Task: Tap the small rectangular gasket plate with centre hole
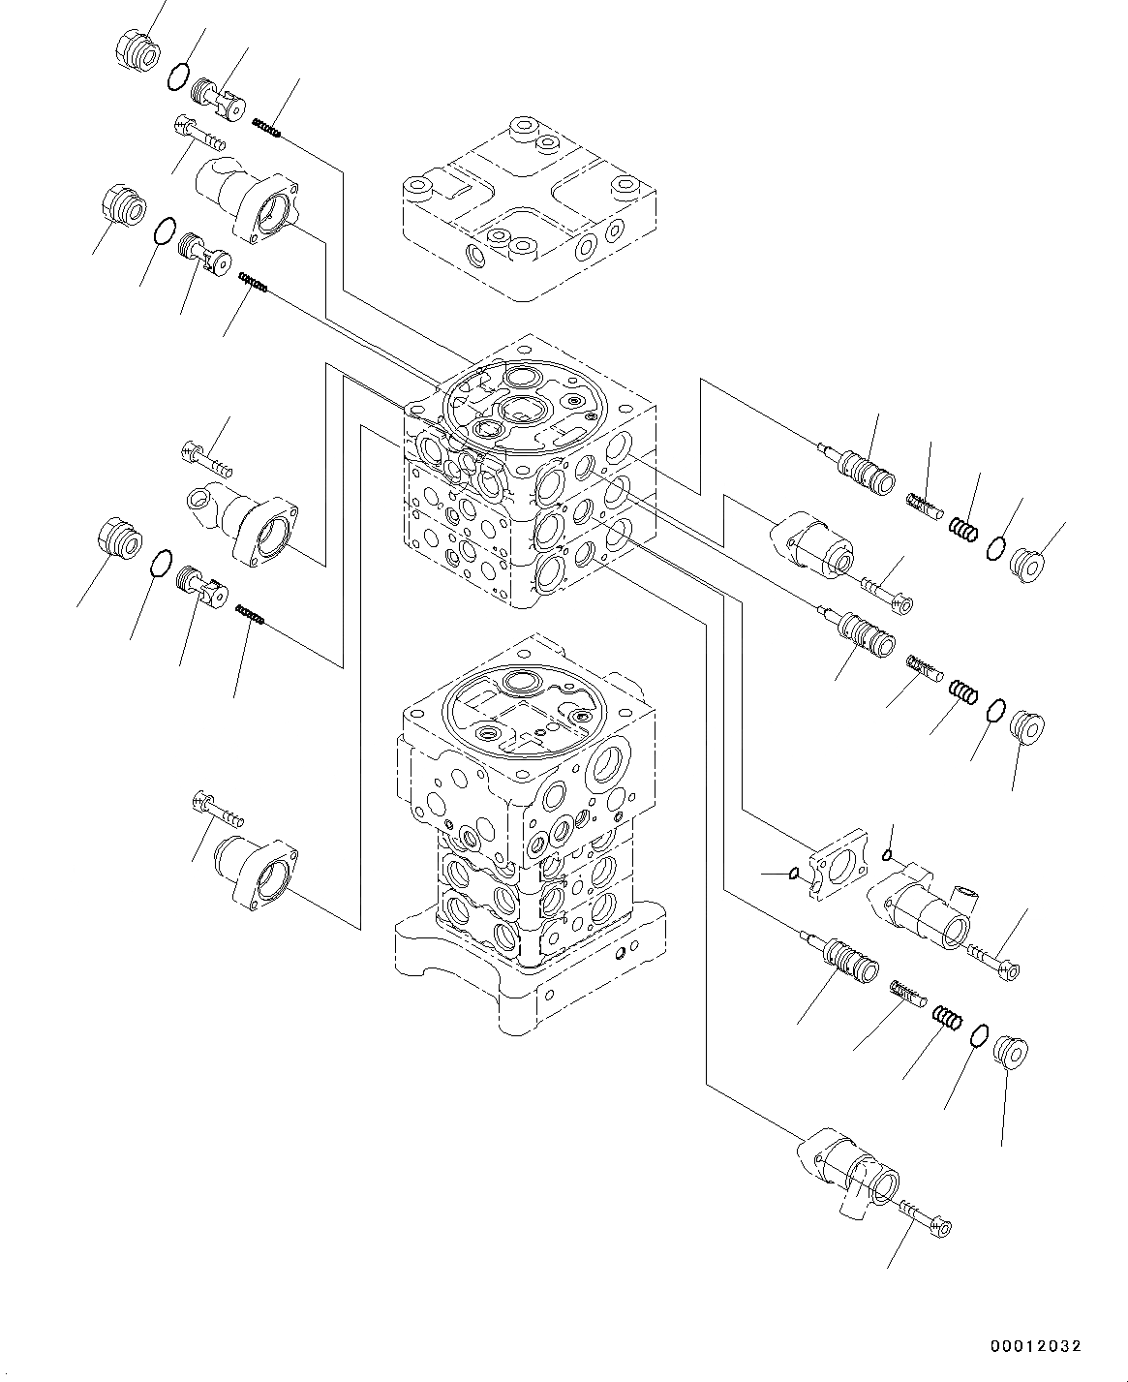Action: click(838, 863)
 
